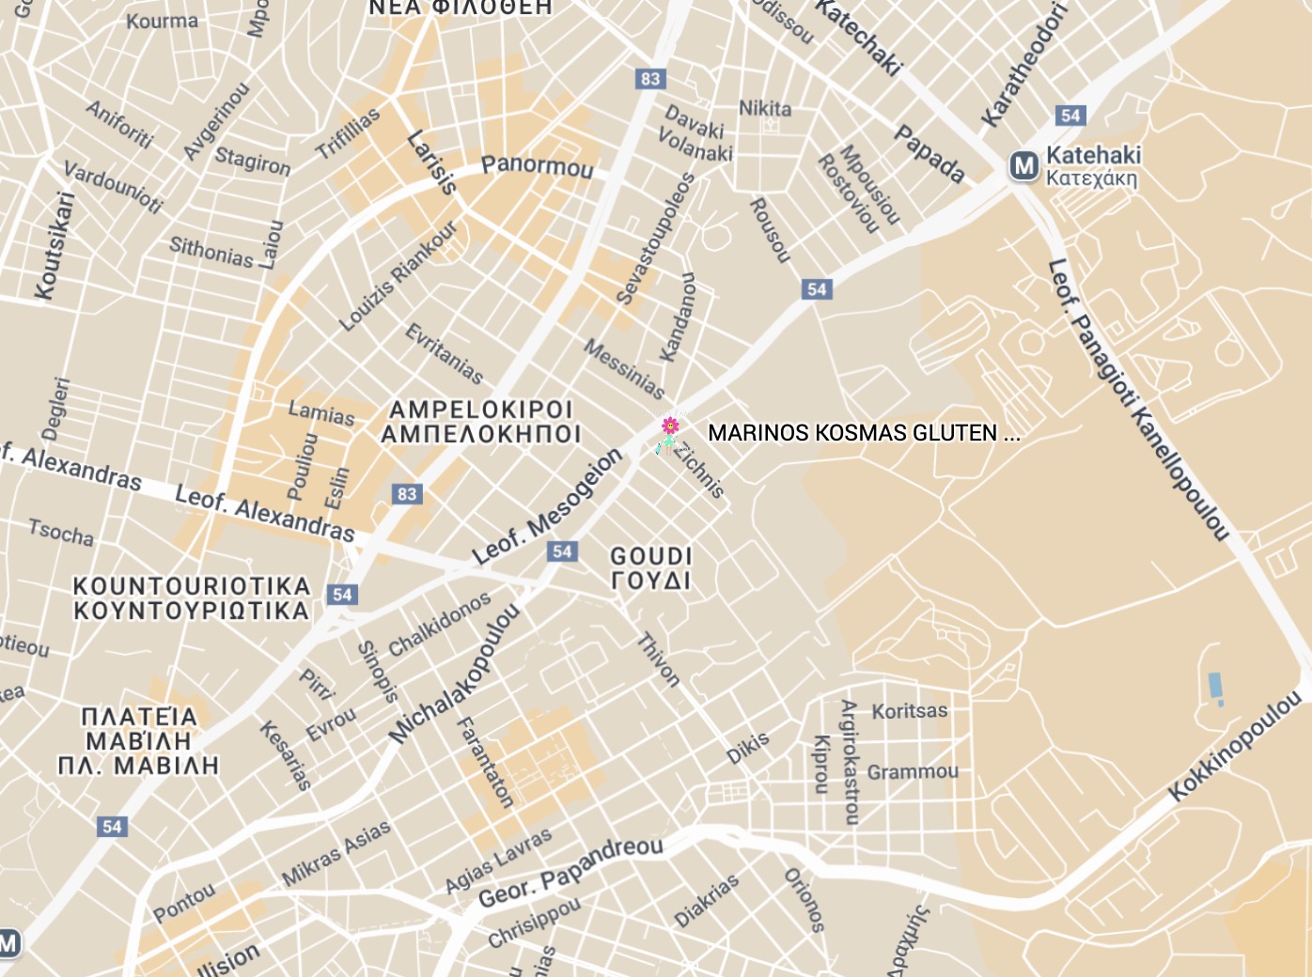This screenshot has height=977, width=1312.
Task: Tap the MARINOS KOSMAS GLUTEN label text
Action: tap(863, 433)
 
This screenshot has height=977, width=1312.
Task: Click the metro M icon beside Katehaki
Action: tap(1023, 166)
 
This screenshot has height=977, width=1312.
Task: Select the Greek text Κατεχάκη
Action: tap(1091, 178)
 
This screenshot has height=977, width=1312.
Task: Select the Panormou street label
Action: tap(537, 166)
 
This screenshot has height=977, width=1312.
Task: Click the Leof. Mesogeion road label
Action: tap(547, 506)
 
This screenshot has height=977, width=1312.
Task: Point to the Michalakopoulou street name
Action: tap(455, 674)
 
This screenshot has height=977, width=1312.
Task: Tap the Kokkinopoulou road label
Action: tap(1235, 746)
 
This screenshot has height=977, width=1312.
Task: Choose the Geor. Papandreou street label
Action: tap(570, 873)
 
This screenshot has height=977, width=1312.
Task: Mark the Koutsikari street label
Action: tap(54, 246)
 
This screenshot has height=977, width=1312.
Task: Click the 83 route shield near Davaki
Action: tap(650, 79)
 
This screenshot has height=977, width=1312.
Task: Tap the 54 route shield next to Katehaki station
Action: tap(1070, 116)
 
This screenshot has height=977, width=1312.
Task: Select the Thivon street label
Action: tap(658, 660)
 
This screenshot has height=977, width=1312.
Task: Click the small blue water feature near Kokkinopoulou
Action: tap(1215, 687)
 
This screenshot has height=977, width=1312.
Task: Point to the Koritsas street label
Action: tap(909, 711)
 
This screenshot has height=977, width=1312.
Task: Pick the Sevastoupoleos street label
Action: tap(655, 239)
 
